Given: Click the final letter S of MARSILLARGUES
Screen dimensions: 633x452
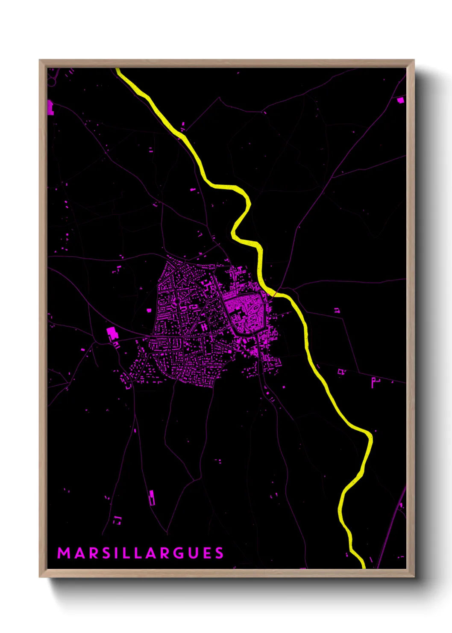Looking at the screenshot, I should [x=219, y=553].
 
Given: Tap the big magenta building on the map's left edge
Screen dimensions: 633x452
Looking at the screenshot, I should [x=50, y=107].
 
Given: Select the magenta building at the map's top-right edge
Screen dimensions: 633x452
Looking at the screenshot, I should [x=400, y=100].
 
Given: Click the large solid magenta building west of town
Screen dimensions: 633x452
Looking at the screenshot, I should [x=112, y=332].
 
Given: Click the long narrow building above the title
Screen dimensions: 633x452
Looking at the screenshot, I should [x=151, y=497].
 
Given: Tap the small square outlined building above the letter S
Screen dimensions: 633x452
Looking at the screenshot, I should [x=117, y=520].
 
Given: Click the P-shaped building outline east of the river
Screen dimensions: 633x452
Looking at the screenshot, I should [x=374, y=382].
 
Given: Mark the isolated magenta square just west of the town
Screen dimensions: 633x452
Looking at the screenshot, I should [x=149, y=310].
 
